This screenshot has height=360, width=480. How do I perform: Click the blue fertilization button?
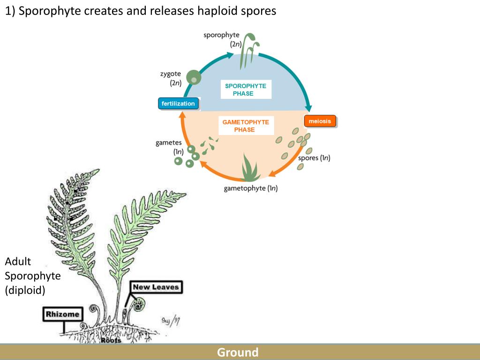click(x=178, y=104)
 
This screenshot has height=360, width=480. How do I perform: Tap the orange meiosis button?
click(x=320, y=121)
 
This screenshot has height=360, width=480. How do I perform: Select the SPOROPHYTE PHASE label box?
click(x=246, y=90)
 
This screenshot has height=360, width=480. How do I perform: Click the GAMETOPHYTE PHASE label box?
click(x=246, y=126)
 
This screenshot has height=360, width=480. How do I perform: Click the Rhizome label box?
click(x=62, y=314)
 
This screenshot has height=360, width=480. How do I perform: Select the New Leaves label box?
click(x=156, y=287)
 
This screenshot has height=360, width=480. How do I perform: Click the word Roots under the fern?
click(x=111, y=340)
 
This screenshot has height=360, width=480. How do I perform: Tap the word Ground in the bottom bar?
click(x=238, y=352)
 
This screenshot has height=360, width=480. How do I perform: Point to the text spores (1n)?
click(x=314, y=158)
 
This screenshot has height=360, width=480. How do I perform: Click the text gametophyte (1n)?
click(x=251, y=189)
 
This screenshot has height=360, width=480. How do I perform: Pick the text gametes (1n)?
click(x=169, y=147)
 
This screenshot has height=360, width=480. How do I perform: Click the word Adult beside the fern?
click(x=18, y=262)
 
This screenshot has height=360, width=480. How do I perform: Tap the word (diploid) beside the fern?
click(x=25, y=290)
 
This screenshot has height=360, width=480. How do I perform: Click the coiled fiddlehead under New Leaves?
click(x=138, y=306)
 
